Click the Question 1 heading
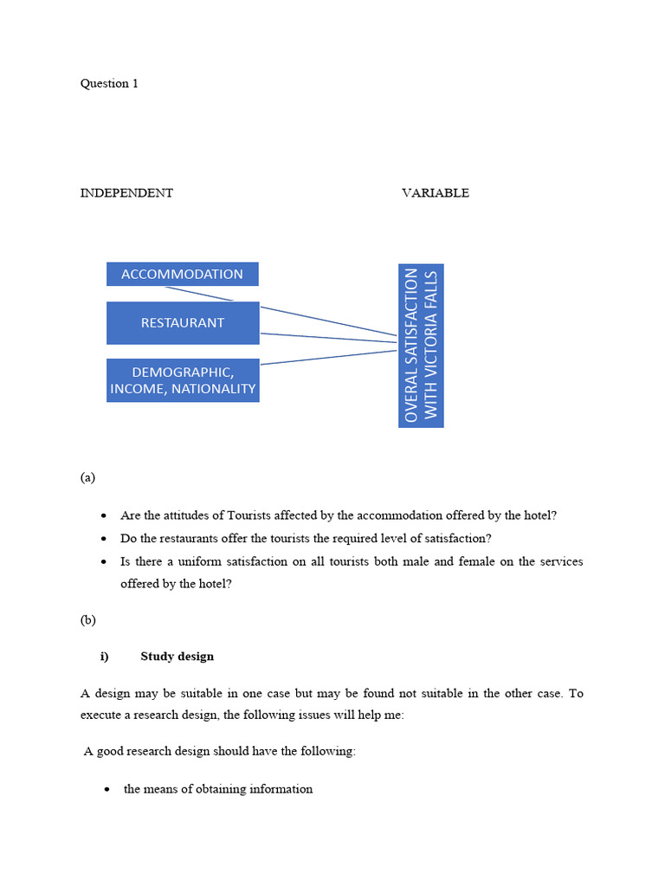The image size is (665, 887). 109,84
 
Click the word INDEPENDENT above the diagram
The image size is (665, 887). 126,193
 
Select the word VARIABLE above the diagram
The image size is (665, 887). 435,193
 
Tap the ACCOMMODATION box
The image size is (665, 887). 182,275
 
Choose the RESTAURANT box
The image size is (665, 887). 182,323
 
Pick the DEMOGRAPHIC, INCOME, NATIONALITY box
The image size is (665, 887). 182,380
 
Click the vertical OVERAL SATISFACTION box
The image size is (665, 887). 421,345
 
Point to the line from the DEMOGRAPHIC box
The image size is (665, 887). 329,357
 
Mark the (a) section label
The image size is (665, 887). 87,477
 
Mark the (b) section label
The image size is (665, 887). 87,620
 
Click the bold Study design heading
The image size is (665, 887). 177,657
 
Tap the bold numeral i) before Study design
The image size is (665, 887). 105,657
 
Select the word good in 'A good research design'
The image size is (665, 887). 111,752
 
